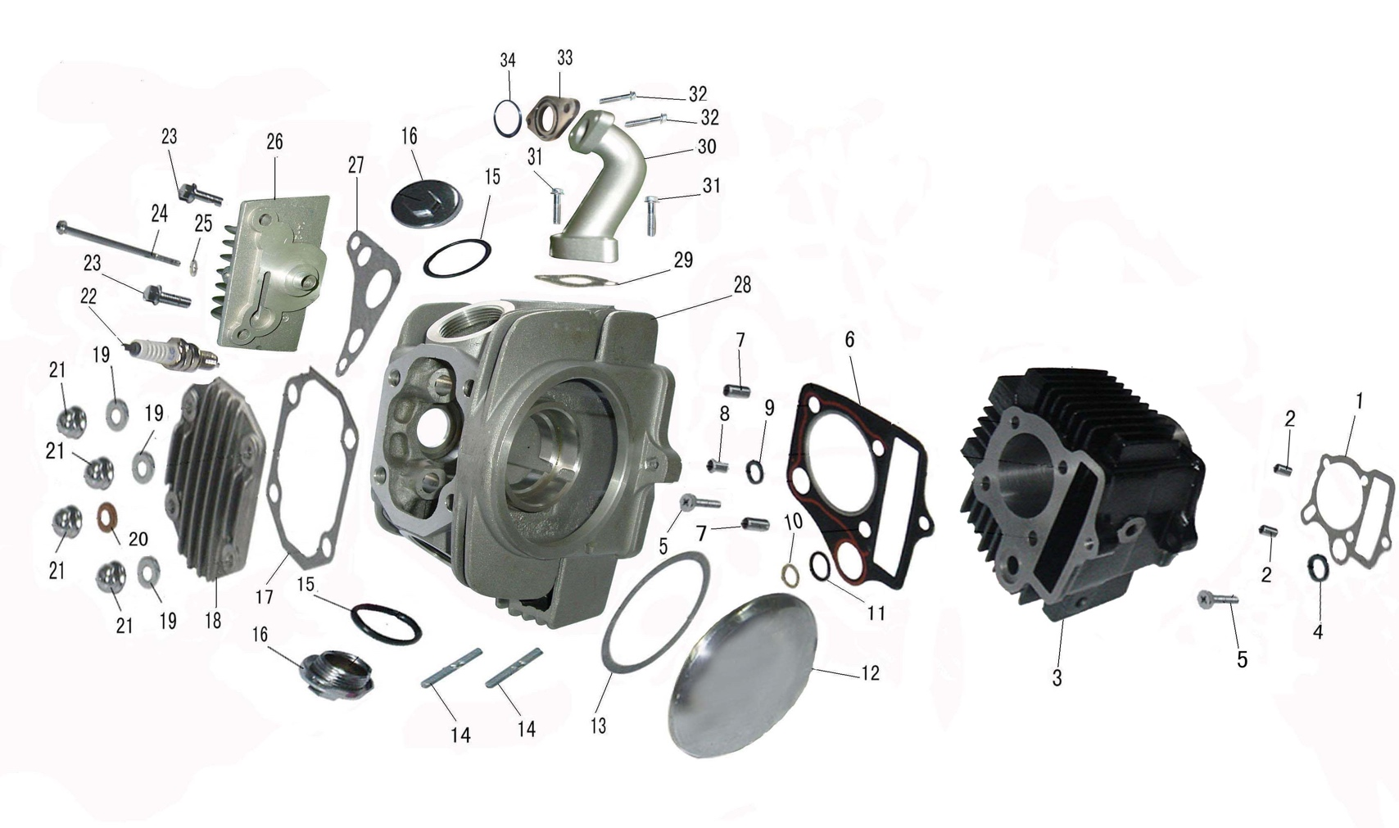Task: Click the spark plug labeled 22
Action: point(174,354)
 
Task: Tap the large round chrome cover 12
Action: point(742,674)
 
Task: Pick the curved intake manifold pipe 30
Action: point(600,188)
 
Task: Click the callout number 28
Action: point(742,285)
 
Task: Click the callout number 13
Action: point(598,726)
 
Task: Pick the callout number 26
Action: point(275,142)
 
